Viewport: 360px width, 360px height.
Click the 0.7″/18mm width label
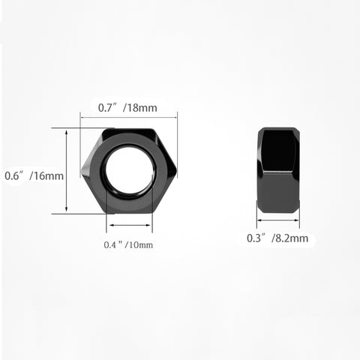(x=127, y=108)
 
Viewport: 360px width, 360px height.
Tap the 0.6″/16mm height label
(x=34, y=175)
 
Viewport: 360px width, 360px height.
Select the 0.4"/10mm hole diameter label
(x=128, y=244)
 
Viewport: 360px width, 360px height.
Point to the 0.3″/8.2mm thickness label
(x=277, y=238)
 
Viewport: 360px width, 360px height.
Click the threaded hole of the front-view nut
(x=129, y=170)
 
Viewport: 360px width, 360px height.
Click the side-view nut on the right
(x=278, y=170)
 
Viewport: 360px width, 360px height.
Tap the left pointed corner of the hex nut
(x=82, y=171)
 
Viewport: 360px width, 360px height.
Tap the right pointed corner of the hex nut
(x=176, y=171)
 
